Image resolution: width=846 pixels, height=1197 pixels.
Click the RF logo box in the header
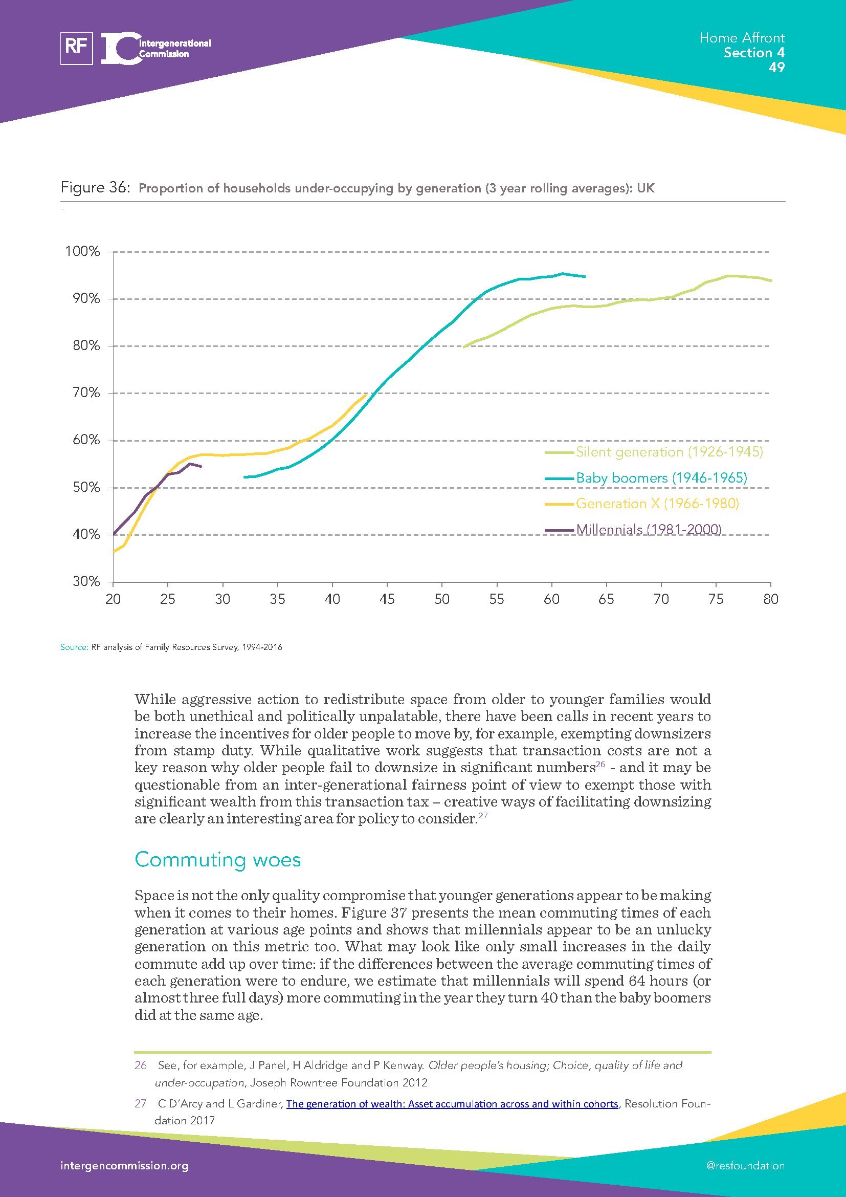click(77, 48)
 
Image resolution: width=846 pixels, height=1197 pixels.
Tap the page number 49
click(776, 68)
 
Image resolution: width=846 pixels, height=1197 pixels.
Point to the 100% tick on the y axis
click(82, 252)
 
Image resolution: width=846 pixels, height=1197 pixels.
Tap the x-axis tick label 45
click(387, 600)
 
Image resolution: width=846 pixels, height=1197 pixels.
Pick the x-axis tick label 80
click(770, 600)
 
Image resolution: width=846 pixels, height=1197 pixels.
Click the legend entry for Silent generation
click(669, 452)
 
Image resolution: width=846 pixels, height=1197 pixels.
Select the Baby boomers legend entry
click(661, 478)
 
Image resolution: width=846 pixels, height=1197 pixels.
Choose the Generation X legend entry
click(657, 504)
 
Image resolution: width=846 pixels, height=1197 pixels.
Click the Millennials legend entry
click(649, 530)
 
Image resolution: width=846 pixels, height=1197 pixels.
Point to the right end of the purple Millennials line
click(201, 467)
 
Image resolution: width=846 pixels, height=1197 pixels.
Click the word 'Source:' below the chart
click(74, 647)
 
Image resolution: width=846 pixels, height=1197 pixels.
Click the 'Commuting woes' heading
click(218, 860)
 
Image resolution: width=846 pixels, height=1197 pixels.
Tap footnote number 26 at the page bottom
click(141, 1065)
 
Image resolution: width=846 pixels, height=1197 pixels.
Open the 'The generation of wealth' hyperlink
click(452, 1104)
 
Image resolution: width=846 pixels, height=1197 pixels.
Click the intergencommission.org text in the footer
click(124, 1166)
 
